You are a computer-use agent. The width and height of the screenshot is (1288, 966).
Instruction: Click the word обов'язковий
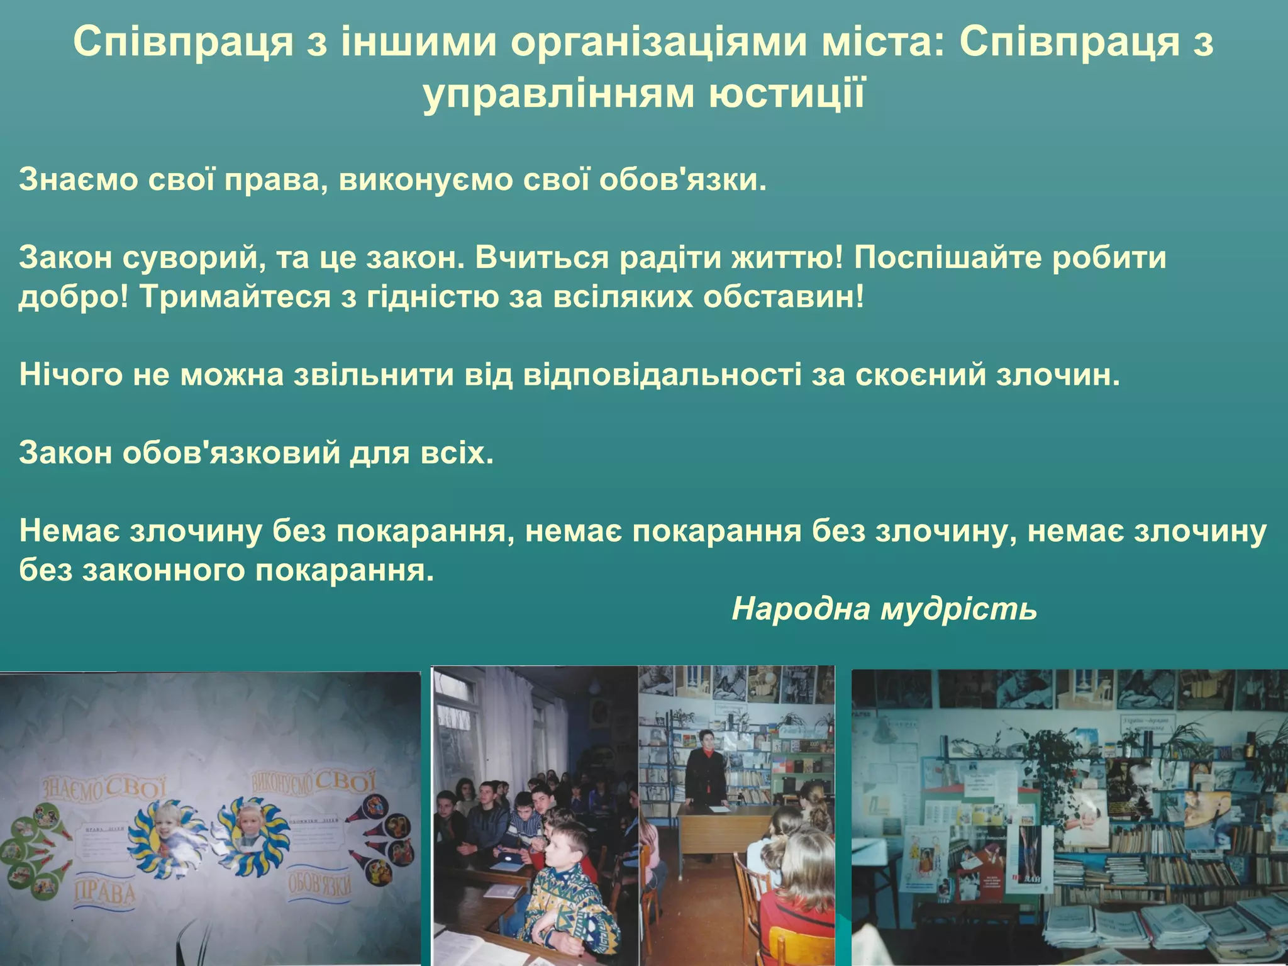tap(231, 453)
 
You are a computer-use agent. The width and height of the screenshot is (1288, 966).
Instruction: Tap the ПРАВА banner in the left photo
tap(105, 894)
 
